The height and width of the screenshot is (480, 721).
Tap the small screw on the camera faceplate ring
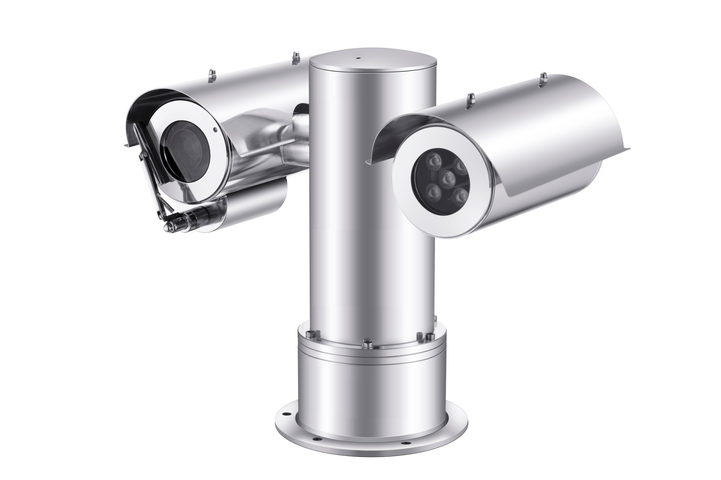(215, 129)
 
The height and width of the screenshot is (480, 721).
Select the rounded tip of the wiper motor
(167, 226)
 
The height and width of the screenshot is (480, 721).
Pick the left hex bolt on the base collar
(310, 334)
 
